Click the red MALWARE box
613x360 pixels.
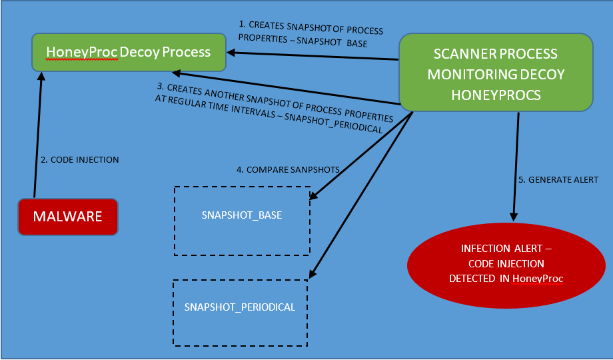click(67, 217)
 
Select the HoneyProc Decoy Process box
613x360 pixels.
click(127, 52)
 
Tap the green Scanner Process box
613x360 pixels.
click(496, 74)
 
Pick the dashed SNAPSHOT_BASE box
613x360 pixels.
click(242, 220)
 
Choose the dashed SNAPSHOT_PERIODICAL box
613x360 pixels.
click(240, 312)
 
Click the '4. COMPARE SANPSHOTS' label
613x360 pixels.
click(288, 170)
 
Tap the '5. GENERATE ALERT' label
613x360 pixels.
click(558, 180)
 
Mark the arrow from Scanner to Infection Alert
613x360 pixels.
click(515, 167)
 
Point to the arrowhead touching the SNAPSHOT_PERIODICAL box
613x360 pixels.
click(312, 273)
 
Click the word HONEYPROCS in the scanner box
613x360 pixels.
click(496, 95)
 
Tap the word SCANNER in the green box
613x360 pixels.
click(467, 53)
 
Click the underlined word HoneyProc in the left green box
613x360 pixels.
click(82, 52)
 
